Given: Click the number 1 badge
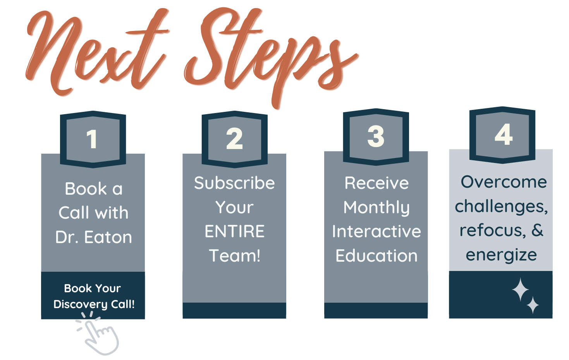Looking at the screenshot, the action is click(x=93, y=139).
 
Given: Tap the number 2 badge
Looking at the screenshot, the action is click(x=234, y=139).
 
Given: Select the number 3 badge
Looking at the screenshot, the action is click(x=376, y=136).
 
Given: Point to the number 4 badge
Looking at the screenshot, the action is click(x=503, y=134).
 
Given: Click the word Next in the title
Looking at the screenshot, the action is click(x=97, y=54).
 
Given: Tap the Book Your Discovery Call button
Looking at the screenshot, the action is click(x=93, y=296).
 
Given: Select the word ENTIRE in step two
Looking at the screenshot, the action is click(x=234, y=231).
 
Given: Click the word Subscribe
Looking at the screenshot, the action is click(x=234, y=183).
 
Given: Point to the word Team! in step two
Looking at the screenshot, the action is click(x=235, y=255).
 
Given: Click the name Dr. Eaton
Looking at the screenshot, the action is click(x=93, y=237).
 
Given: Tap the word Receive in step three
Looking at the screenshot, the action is click(x=376, y=183).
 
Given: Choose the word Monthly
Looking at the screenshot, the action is click(x=376, y=208).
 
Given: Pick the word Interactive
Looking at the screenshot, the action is click(x=376, y=231).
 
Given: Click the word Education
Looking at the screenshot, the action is click(x=376, y=256).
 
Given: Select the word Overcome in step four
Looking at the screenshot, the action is click(x=504, y=182).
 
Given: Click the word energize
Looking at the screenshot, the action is click(x=501, y=255).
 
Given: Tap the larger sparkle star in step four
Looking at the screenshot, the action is click(x=520, y=289).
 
